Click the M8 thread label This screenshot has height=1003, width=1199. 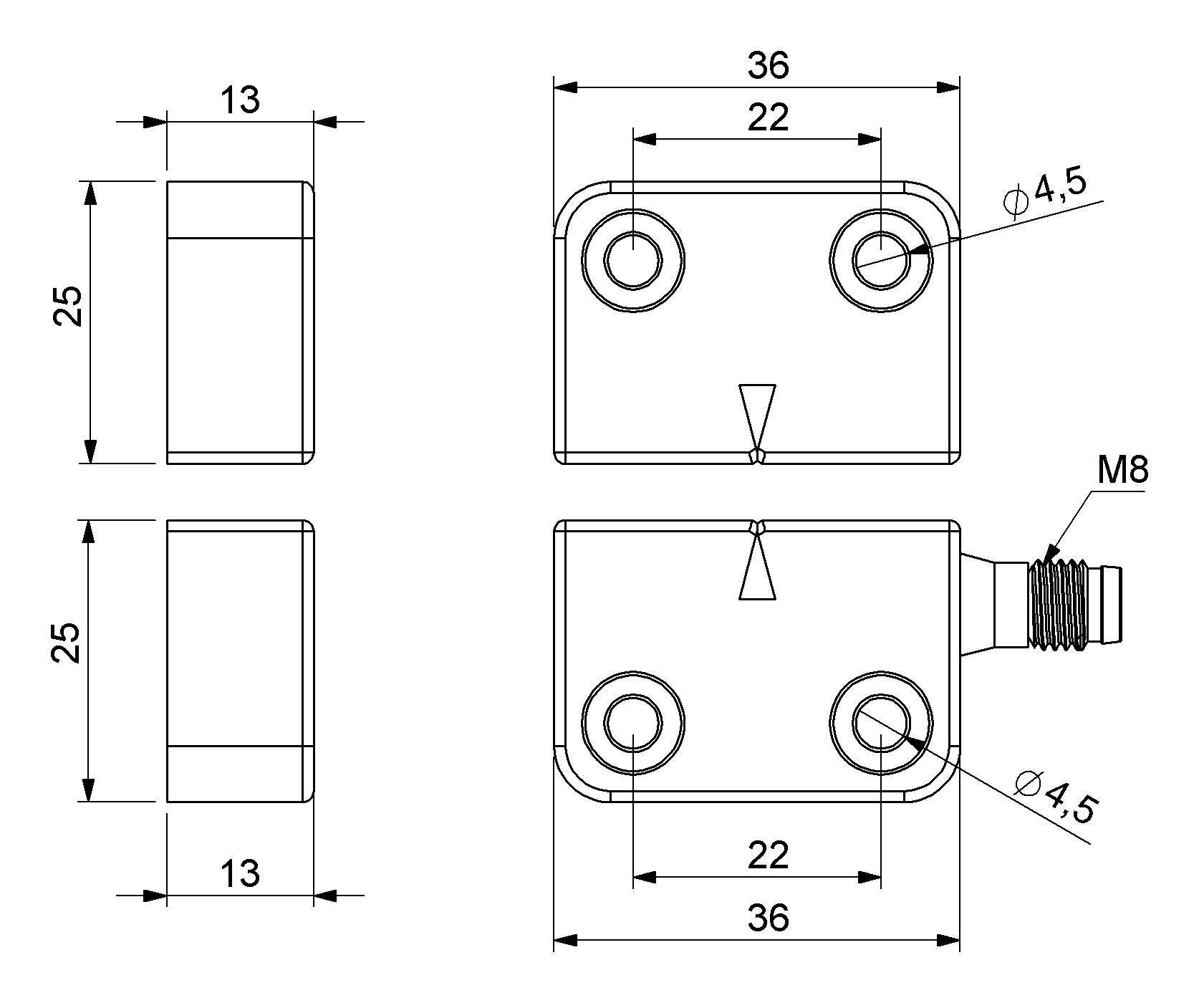tap(1122, 471)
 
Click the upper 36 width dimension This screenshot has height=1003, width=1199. tap(768, 66)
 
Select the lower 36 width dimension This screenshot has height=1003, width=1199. tap(768, 918)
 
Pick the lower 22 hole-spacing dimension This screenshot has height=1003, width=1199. tap(768, 855)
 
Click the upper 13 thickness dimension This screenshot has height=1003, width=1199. tap(240, 101)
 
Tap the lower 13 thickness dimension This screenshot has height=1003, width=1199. tap(240, 873)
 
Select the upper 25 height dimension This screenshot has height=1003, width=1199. tap(69, 307)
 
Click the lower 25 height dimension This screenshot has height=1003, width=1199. tap(69, 643)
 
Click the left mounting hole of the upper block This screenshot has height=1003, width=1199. tap(633, 260)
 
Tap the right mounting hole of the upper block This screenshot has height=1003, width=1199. tap(882, 260)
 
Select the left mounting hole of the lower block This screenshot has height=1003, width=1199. tap(633, 722)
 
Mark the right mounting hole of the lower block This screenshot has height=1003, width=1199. tap(882, 722)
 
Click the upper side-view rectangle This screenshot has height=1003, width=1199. tap(240, 322)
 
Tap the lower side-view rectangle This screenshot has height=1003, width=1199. tap(240, 661)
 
